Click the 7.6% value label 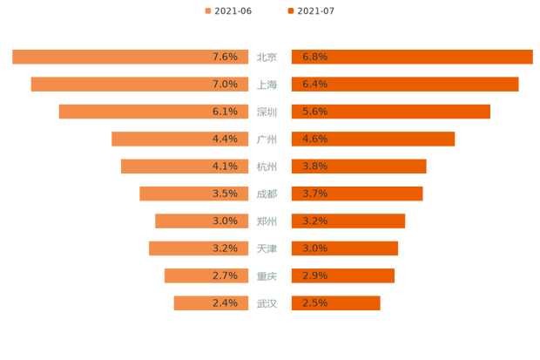tap(225, 57)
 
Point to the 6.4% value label tap(314, 84)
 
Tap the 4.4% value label tap(225, 139)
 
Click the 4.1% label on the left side tap(225, 166)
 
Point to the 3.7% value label tap(314, 194)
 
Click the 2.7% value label tap(225, 275)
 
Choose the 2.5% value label tap(314, 303)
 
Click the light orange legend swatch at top tap(206, 10)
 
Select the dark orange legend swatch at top tap(288, 10)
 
